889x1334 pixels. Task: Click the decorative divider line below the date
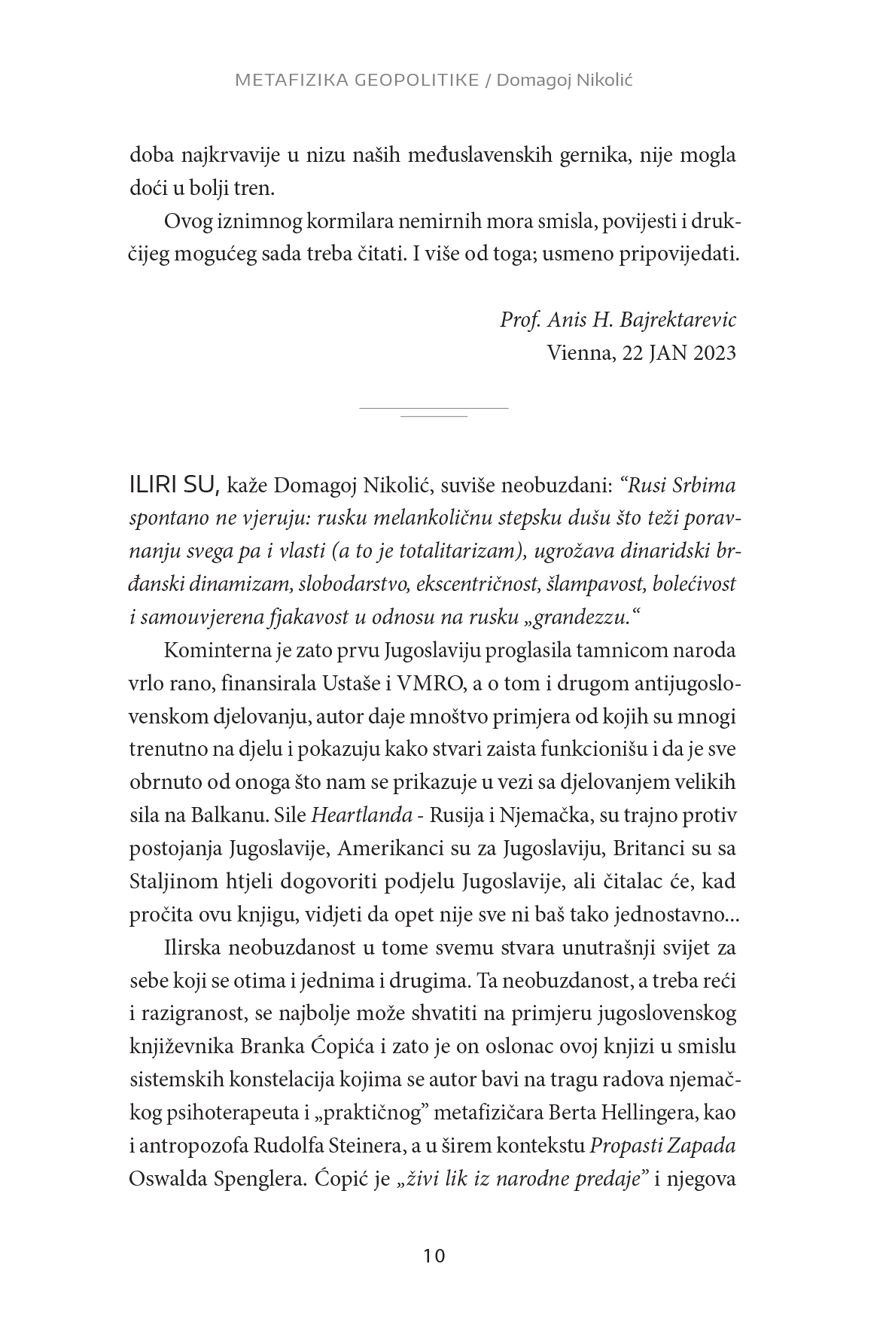[434, 411]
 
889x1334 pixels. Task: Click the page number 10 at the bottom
[435, 1256]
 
